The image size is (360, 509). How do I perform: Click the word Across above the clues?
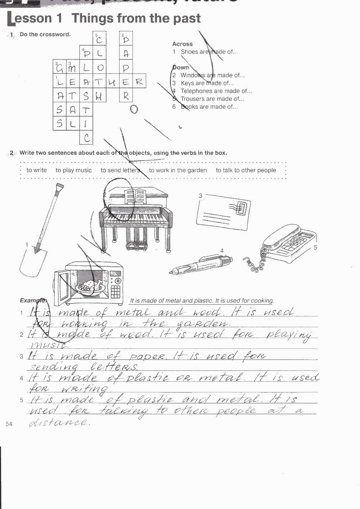(x=182, y=44)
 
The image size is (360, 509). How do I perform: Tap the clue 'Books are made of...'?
(x=209, y=107)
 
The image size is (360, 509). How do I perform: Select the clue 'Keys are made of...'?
(x=207, y=83)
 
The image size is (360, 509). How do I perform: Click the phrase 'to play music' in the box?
(x=73, y=170)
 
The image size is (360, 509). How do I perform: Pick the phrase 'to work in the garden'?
(x=178, y=170)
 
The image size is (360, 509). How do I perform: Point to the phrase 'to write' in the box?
(x=36, y=170)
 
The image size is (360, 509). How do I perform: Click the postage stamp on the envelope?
(x=242, y=208)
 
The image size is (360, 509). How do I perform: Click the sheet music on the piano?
(x=135, y=196)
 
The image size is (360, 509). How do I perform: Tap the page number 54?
(x=9, y=424)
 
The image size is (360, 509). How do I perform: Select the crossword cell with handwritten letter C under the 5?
(x=99, y=39)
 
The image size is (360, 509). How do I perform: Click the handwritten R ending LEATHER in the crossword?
(x=139, y=82)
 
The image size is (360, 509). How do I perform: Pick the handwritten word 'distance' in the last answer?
(x=59, y=422)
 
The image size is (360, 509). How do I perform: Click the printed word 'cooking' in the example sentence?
(x=263, y=301)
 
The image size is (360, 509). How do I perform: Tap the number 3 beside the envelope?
(x=201, y=196)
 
